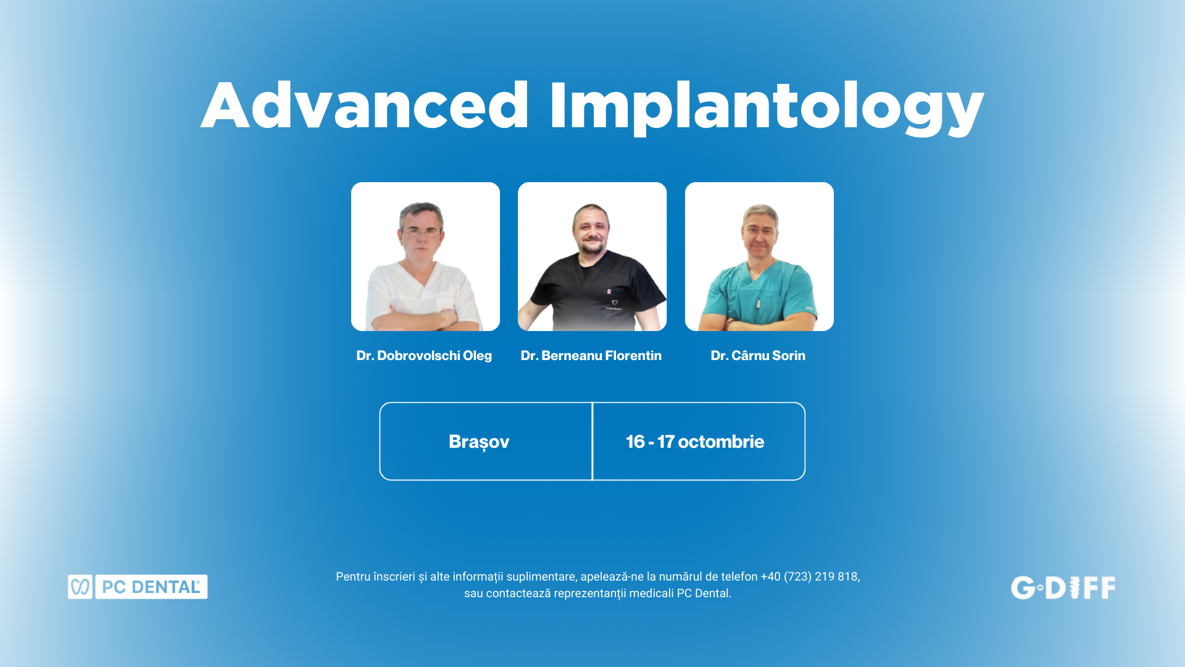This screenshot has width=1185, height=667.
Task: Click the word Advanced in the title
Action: click(x=365, y=106)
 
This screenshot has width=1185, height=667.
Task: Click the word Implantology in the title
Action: click(x=766, y=108)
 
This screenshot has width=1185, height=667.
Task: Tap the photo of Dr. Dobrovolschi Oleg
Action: click(x=425, y=256)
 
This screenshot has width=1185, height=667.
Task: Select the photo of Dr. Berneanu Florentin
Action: click(x=592, y=256)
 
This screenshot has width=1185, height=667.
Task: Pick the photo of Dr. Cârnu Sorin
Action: click(x=759, y=256)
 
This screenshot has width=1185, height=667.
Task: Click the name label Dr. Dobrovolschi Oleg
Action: click(x=424, y=356)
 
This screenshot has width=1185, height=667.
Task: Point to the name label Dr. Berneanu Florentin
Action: click(x=591, y=356)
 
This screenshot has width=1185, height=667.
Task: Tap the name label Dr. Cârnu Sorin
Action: click(x=758, y=356)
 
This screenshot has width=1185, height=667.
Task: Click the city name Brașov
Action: click(x=479, y=442)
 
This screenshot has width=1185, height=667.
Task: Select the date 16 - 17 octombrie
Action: click(x=695, y=442)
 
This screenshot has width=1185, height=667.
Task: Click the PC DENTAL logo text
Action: click(x=151, y=587)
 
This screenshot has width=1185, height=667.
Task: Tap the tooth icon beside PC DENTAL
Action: click(x=80, y=587)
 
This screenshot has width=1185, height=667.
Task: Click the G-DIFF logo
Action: click(x=1063, y=588)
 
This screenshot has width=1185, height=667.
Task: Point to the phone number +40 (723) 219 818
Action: click(x=809, y=576)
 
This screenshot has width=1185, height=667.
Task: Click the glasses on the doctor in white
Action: click(x=422, y=232)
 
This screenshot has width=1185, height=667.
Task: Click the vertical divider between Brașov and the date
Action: click(x=592, y=441)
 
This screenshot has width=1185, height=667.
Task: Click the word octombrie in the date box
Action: click(x=721, y=442)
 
